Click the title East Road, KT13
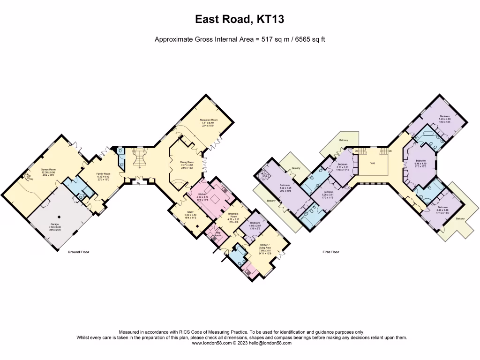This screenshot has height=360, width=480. pos(240,20)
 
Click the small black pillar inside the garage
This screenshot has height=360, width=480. pos(59,217)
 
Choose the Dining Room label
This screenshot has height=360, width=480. pos(187,162)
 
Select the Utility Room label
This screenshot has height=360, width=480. pos(217,233)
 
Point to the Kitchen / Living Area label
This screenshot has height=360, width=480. pos(266,247)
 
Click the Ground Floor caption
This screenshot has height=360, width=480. pos(75,252)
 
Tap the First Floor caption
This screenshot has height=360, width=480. pos(330,252)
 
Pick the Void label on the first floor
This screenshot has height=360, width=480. pos(373,164)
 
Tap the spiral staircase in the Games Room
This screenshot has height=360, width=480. pos(28,177)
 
